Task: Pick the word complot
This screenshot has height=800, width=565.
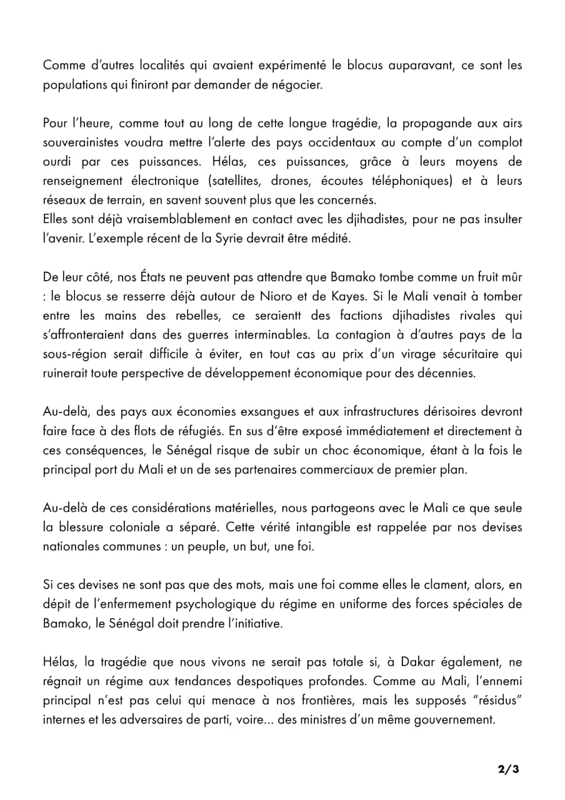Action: (x=499, y=142)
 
